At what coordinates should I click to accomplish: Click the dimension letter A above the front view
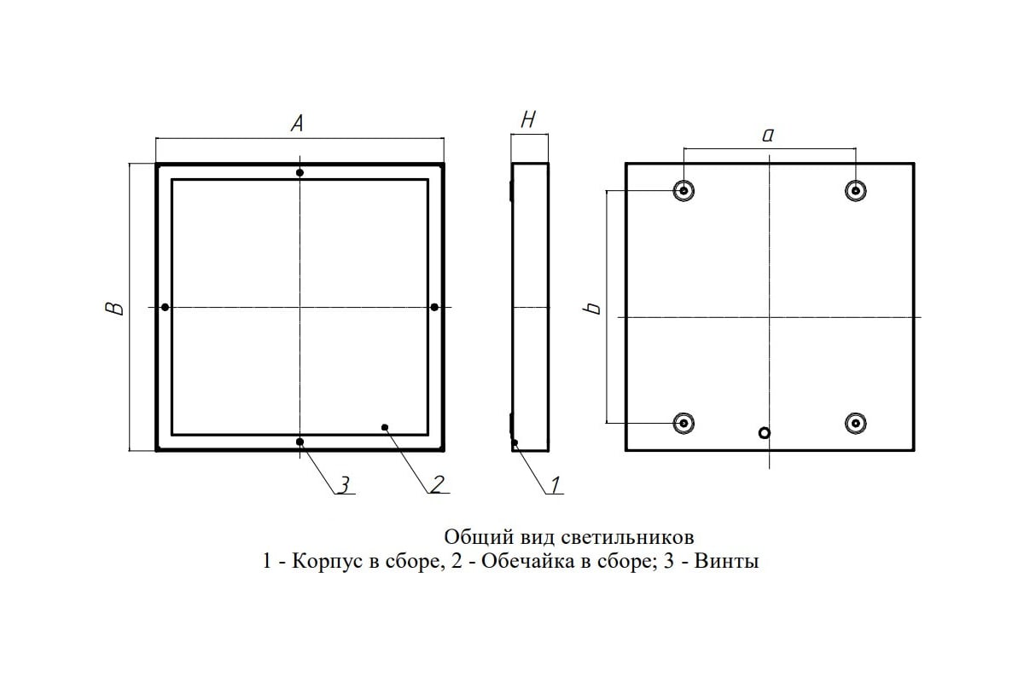297,124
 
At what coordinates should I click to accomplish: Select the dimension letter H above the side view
528,119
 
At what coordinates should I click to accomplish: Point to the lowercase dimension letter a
768,135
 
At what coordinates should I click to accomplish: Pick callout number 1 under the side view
556,485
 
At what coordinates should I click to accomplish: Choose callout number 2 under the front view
438,484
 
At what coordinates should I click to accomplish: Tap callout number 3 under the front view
344,485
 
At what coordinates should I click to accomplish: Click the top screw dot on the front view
300,173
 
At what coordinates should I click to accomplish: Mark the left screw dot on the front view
165,307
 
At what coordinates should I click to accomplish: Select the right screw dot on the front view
434,307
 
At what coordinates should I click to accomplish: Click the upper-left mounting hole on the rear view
684,190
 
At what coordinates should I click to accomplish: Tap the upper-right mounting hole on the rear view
856,190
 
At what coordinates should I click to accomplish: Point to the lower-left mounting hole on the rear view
684,423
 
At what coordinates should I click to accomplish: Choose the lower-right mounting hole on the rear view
856,423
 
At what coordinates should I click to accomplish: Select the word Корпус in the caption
327,561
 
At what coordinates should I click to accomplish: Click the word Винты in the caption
726,561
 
